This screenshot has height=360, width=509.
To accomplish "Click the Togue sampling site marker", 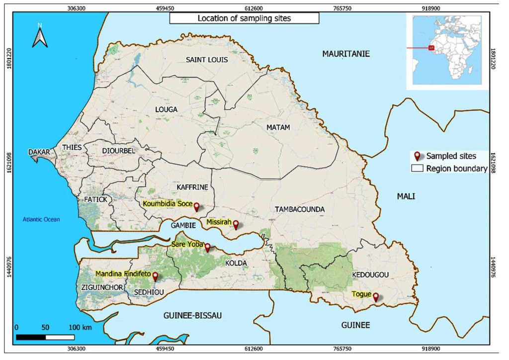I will click(x=376, y=297).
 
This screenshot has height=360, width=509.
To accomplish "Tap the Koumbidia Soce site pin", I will click(x=196, y=206).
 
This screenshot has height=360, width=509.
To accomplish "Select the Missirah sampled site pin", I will click(x=236, y=224).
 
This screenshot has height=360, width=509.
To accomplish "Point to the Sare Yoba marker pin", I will click(x=207, y=247).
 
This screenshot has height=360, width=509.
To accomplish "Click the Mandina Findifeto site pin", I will click(x=155, y=276).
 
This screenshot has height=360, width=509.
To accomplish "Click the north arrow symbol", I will click(x=40, y=36).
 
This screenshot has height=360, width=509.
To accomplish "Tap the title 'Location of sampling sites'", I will click(x=244, y=19).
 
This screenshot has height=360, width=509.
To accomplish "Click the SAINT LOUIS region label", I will click(x=207, y=60).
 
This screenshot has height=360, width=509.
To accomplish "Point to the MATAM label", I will click(x=278, y=128).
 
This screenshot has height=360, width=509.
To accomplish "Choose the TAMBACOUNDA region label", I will click(x=300, y=209).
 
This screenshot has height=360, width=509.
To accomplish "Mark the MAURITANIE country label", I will click(x=346, y=54).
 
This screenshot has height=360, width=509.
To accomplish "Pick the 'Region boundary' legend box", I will click(x=417, y=169).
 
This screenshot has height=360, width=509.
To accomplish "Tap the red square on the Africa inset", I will click(x=431, y=48).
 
